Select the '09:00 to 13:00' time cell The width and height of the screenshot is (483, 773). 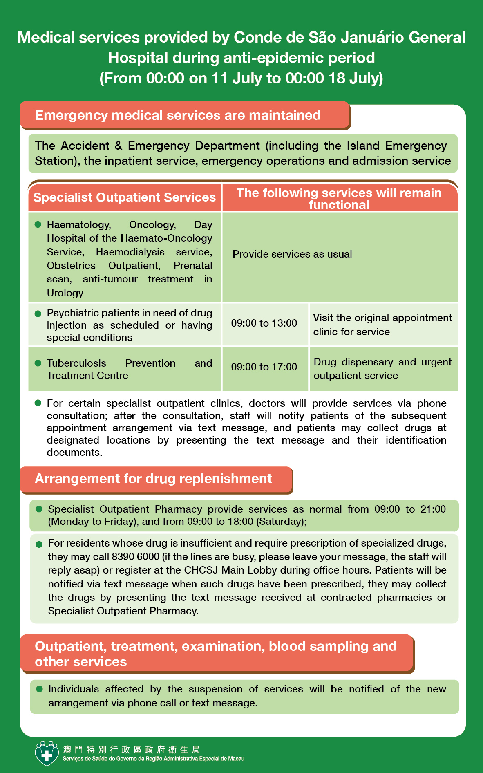click(264, 323)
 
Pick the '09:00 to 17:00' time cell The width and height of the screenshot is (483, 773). click(264, 367)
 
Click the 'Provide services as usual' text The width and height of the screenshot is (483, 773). click(292, 254)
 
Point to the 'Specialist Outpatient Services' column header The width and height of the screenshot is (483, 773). click(125, 197)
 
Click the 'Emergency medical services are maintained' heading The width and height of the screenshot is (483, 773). click(178, 115)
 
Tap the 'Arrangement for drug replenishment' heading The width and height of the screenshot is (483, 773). click(153, 479)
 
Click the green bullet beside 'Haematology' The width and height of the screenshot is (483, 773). click(38, 224)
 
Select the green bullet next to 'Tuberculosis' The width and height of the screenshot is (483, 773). click(38, 363)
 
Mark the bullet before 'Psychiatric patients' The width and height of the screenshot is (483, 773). click(38, 313)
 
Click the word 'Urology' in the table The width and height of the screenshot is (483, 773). click(65, 293)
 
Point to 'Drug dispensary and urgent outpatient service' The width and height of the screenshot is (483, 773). click(382, 369)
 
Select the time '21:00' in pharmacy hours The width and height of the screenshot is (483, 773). click(433, 509)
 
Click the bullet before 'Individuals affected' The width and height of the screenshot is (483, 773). click(40, 689)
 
